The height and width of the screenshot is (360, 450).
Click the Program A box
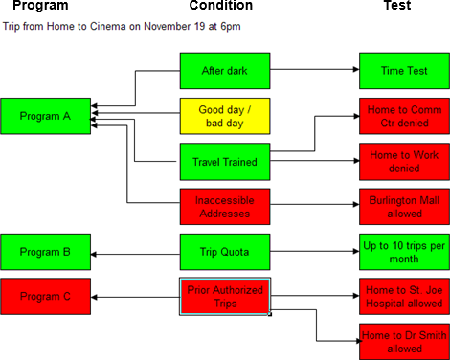[47, 117]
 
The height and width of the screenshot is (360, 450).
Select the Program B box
[47, 253]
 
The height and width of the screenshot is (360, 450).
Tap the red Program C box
[47, 296]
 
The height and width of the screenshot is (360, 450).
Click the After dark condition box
[225, 71]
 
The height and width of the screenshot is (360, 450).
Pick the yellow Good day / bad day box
[225, 117]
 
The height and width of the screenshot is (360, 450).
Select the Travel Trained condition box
[225, 162]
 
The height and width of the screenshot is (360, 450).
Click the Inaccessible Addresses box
[225, 207]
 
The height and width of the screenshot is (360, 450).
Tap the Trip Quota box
[225, 252]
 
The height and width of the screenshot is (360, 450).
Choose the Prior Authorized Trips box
[225, 297]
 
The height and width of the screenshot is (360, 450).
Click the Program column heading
[40, 7]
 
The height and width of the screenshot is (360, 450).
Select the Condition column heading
[221, 7]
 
